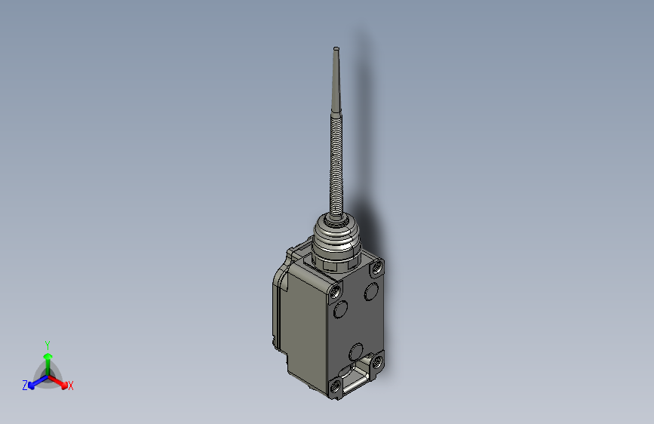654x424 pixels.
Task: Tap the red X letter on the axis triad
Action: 71,386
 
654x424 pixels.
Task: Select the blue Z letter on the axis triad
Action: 25,386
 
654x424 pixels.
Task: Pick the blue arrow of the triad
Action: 34,381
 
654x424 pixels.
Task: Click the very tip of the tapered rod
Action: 336,49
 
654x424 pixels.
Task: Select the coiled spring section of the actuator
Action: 335,166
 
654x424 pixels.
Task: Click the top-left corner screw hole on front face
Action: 334,289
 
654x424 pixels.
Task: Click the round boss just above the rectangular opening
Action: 358,352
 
